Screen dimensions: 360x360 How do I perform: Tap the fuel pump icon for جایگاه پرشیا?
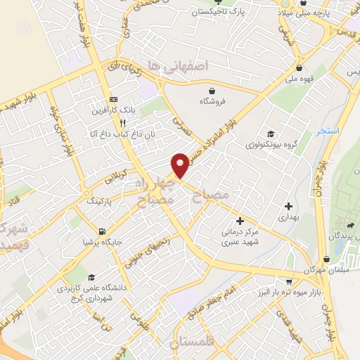point(103,231)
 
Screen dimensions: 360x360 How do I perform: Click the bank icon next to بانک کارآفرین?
point(113,99)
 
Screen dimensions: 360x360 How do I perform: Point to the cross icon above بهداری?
point(288,205)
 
